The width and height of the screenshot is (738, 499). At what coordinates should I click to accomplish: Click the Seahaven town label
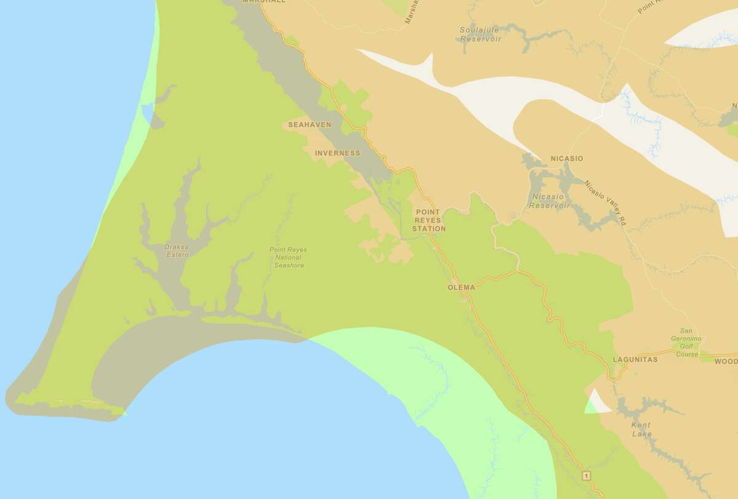(310, 125)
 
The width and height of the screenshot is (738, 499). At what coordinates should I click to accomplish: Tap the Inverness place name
(337, 153)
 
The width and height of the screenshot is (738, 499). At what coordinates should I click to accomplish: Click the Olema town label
(462, 287)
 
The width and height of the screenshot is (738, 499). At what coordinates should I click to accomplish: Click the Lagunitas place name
(635, 359)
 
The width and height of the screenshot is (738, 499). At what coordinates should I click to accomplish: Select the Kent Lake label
(641, 429)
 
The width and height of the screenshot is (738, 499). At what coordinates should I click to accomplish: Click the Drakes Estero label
(177, 250)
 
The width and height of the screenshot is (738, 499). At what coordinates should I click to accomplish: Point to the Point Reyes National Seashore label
(288, 257)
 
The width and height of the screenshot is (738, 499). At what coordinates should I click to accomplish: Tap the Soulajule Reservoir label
(481, 34)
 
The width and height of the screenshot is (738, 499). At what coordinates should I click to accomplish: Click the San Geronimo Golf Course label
(688, 342)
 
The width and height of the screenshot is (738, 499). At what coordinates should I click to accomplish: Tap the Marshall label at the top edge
(264, 2)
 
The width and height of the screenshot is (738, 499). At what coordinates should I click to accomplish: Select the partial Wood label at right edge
(726, 361)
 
